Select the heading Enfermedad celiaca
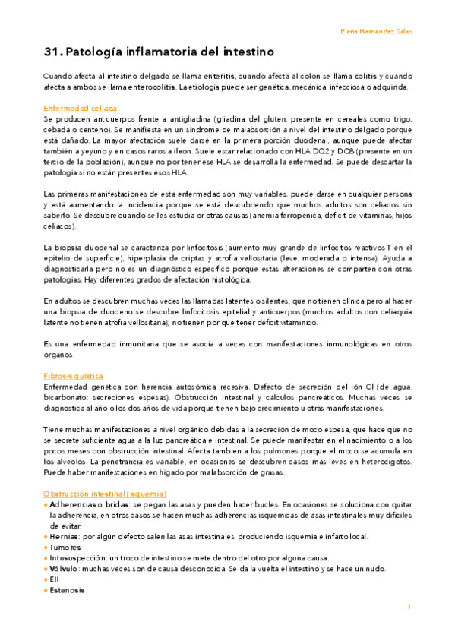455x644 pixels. coord(81,109)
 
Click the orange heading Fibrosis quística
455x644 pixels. coord(74,376)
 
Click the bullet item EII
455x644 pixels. coord(55,579)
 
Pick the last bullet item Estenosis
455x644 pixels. coord(68,589)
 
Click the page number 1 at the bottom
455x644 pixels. coord(409,607)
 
